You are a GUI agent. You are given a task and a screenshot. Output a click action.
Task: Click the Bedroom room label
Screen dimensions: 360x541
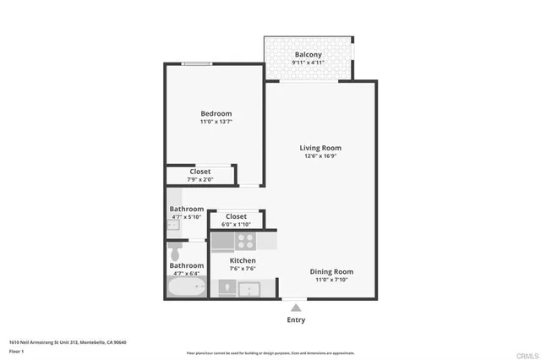(x=216, y=113)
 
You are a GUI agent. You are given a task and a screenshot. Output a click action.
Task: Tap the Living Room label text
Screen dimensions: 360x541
(x=320, y=148)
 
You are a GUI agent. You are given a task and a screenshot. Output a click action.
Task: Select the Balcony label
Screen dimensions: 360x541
(x=308, y=55)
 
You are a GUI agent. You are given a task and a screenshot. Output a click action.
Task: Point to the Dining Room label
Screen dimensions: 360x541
(x=331, y=271)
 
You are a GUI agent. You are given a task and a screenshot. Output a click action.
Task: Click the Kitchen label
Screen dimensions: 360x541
(x=243, y=260)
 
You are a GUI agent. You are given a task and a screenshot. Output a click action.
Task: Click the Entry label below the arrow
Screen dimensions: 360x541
(x=296, y=319)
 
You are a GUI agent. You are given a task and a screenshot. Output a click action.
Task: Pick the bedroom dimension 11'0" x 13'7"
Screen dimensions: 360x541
(x=216, y=123)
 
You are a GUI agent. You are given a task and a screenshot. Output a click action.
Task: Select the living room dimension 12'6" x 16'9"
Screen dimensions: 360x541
(x=320, y=156)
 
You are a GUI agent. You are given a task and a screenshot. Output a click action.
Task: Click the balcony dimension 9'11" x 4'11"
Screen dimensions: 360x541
(x=308, y=63)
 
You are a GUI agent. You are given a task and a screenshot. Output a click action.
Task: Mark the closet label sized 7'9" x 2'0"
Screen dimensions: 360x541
(x=200, y=172)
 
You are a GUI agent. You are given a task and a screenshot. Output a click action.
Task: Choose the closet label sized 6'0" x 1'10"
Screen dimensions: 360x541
(x=236, y=217)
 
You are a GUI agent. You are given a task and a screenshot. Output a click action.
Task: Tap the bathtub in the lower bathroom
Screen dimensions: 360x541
(x=187, y=288)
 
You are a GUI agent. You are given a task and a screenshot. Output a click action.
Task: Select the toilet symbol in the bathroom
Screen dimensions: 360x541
(x=176, y=252)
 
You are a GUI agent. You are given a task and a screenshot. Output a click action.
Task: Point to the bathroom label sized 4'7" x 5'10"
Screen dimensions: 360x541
(x=186, y=209)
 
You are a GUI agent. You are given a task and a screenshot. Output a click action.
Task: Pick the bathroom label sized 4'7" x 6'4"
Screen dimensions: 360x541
(x=186, y=265)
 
